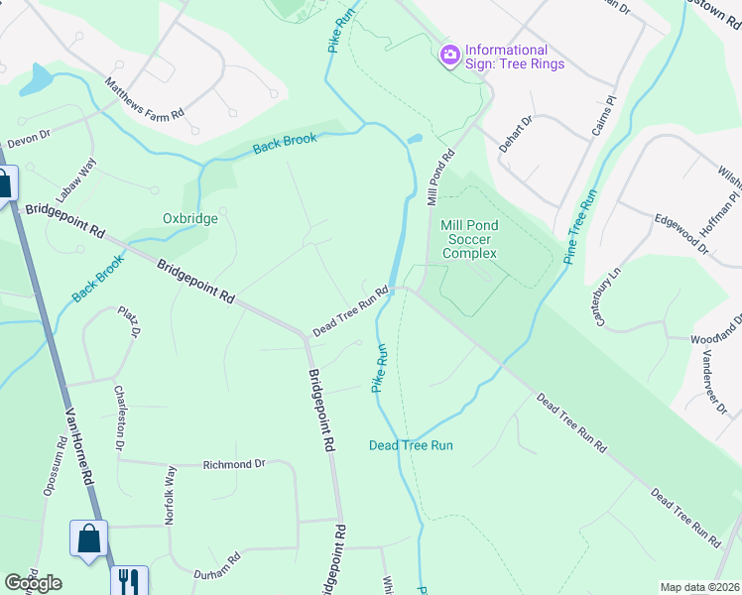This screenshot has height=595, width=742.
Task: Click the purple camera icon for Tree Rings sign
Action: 449,53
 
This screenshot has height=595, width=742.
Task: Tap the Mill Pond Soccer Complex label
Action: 470,240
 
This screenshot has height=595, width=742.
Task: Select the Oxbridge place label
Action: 189,218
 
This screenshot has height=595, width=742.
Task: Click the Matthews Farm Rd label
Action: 145,101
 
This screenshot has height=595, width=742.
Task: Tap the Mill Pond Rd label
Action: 440,178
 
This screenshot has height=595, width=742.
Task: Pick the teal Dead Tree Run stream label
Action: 411,445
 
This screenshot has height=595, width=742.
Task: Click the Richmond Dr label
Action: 234,463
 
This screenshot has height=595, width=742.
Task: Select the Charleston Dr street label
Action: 120,419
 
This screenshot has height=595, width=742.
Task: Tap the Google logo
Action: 33,583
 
